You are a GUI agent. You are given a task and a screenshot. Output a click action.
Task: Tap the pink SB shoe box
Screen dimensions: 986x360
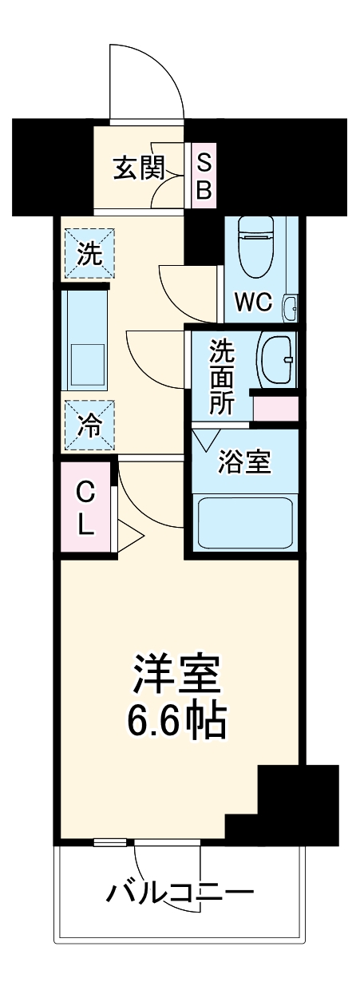click(204, 177)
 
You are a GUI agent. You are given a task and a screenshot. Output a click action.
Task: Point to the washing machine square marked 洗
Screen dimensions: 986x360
click(89, 254)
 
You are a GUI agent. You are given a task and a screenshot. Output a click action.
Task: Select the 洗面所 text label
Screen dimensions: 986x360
click(220, 377)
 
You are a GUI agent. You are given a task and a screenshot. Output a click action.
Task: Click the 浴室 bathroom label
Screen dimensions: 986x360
click(246, 461)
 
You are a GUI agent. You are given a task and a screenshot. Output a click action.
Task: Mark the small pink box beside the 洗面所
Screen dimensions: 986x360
click(276, 408)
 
